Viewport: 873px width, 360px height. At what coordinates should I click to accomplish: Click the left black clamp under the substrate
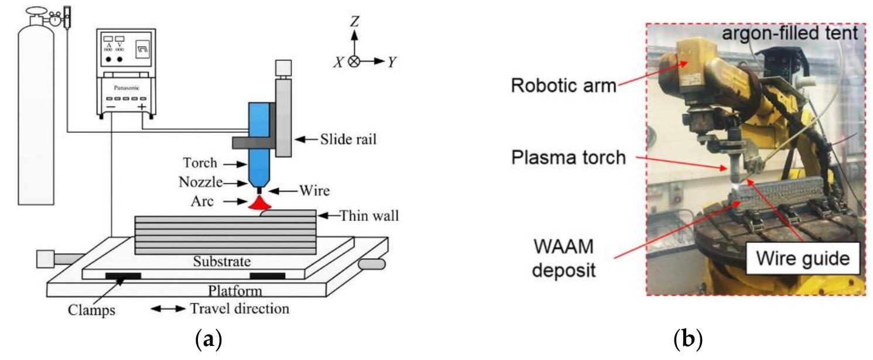pyautogui.click(x=123, y=275)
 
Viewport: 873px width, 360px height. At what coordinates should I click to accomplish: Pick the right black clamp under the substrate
pyautogui.click(x=268, y=275)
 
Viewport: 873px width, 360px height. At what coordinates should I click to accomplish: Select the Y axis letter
pyautogui.click(x=391, y=61)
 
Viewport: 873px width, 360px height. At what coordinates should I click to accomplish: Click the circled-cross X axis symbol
pyautogui.click(x=354, y=61)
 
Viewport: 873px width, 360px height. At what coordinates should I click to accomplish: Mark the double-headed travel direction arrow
pyautogui.click(x=168, y=308)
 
